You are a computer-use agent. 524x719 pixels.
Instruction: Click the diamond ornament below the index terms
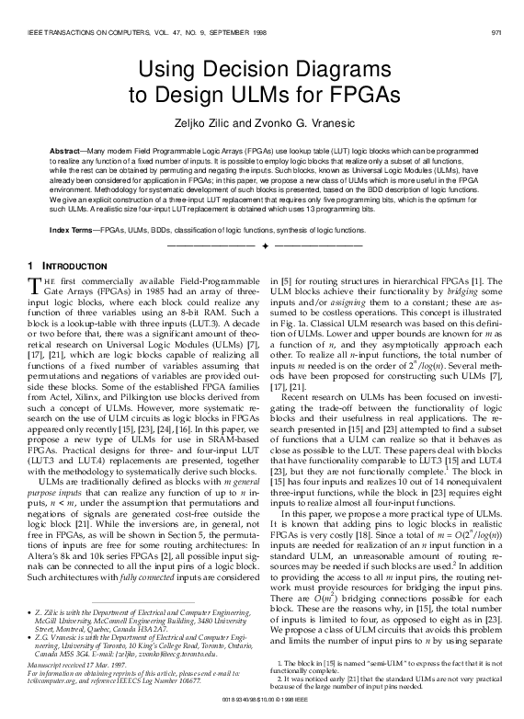[262, 246]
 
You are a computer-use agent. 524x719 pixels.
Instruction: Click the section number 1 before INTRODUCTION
[22, 266]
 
